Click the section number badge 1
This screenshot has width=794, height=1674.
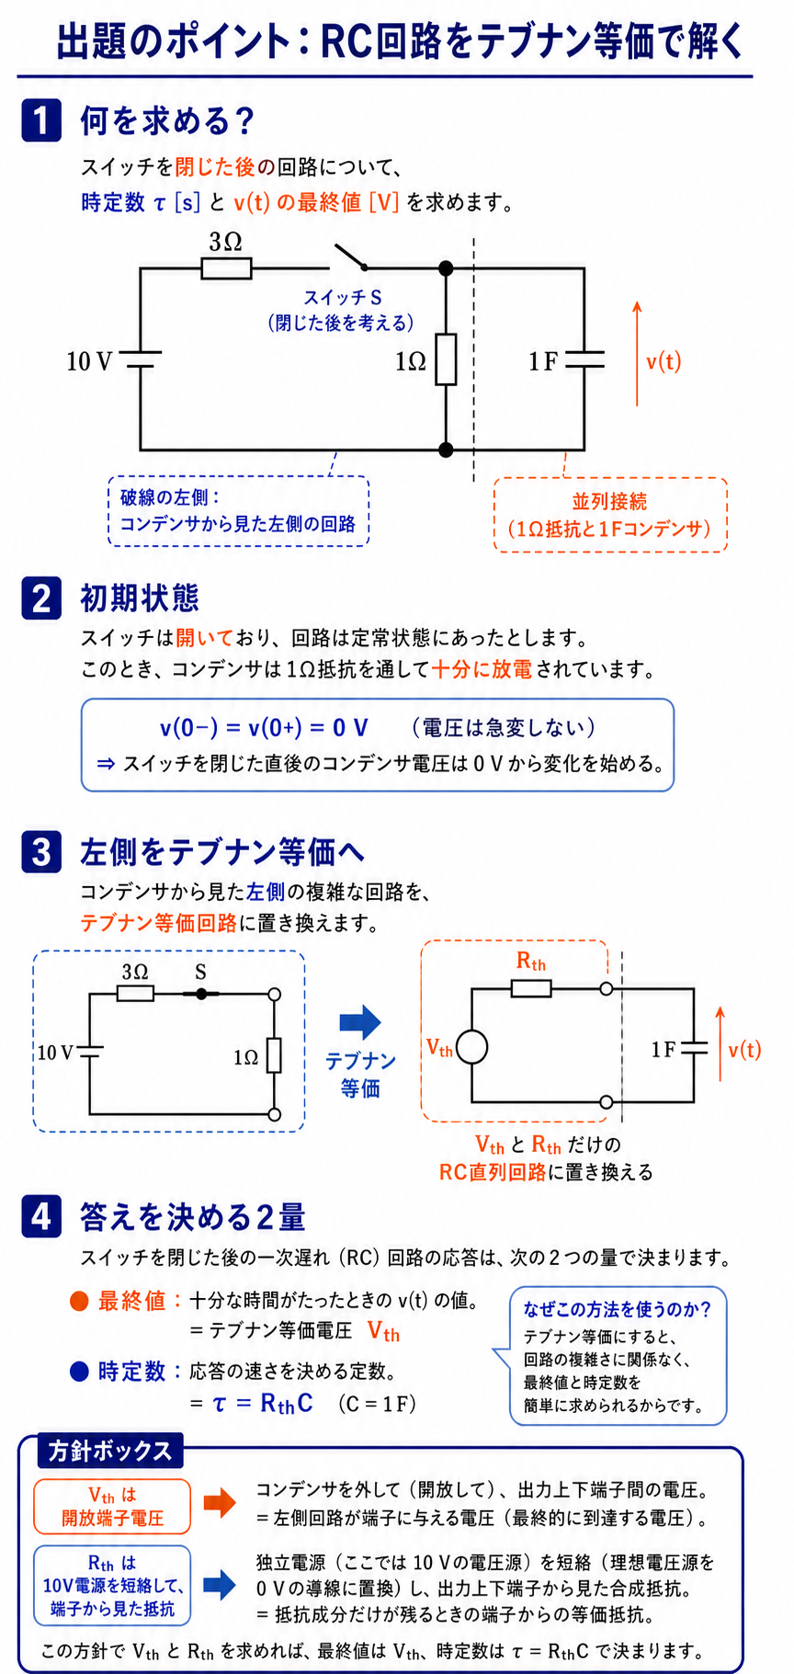tap(41, 120)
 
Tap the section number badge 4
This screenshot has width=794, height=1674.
tap(41, 1216)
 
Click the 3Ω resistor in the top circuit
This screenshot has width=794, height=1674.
tap(226, 268)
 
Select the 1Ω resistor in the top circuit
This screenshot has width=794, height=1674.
tap(446, 359)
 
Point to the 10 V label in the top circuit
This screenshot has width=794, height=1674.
tap(89, 361)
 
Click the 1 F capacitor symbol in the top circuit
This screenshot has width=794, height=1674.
tap(584, 359)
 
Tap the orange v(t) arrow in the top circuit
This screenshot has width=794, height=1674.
tap(637, 353)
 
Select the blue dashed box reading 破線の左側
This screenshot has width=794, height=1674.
tap(238, 511)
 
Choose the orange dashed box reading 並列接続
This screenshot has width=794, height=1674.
tap(610, 515)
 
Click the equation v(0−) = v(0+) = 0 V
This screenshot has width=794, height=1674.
tap(264, 728)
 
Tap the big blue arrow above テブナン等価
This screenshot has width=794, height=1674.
tap(359, 1021)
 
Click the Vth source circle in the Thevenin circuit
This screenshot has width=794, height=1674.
tap(471, 1047)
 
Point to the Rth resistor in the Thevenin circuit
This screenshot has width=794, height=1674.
tap(531, 988)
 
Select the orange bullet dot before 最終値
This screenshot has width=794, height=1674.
tap(80, 1301)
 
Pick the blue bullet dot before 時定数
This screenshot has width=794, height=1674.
tap(80, 1372)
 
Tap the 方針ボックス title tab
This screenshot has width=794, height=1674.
tap(110, 1451)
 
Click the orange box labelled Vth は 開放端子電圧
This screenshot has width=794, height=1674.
tap(112, 1506)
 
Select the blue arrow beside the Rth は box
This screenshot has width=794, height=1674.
tap(219, 1583)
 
